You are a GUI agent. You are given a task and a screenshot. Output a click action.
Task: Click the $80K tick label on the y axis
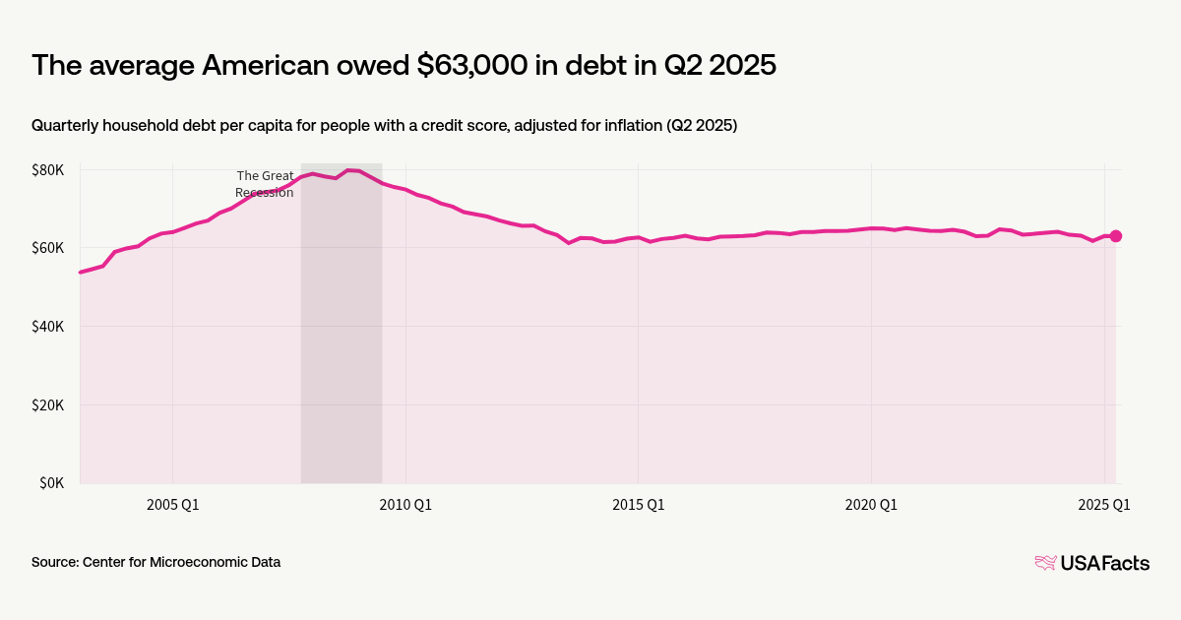coord(47,170)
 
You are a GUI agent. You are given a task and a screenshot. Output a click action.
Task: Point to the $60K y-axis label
coord(47,248)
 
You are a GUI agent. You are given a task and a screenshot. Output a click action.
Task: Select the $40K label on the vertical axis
coord(47,327)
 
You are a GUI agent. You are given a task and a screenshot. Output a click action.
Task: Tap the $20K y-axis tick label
coord(47,405)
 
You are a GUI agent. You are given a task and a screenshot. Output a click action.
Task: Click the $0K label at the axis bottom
coord(51,483)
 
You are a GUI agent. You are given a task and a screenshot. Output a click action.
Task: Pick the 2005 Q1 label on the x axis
coord(172,505)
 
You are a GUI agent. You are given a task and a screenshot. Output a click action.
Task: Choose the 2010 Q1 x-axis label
coord(405,505)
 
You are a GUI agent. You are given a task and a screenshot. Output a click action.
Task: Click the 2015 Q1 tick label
coord(638,505)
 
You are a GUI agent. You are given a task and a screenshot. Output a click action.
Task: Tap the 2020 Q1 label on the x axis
coord(871,505)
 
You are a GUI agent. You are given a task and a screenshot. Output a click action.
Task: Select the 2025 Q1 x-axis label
coord(1103,505)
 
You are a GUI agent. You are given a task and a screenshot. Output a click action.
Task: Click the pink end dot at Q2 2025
coord(1116,236)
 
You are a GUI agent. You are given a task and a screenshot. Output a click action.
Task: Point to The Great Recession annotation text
coord(265,184)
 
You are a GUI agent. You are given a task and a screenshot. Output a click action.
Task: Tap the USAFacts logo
coord(1091,563)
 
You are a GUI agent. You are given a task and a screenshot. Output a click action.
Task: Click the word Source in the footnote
coord(54,563)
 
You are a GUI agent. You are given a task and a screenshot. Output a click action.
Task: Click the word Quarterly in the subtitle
coord(67,126)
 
